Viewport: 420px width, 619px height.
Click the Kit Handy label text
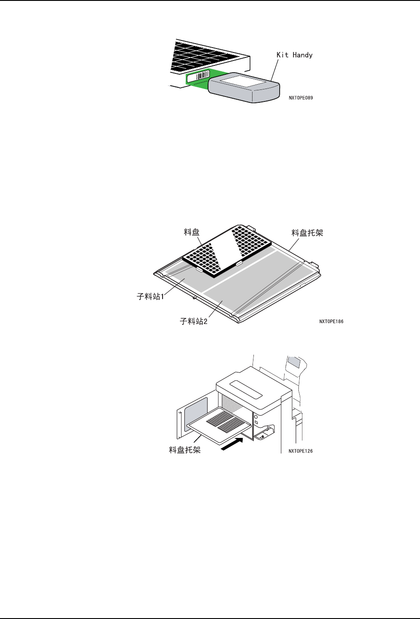click(x=294, y=55)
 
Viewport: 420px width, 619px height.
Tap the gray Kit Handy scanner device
click(x=243, y=88)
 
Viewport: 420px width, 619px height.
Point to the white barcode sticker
click(x=198, y=77)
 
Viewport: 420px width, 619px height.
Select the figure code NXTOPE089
click(x=301, y=97)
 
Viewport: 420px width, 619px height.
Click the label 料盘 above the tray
click(x=192, y=232)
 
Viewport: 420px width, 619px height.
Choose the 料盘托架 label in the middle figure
click(x=307, y=233)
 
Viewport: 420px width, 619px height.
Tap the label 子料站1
click(x=151, y=296)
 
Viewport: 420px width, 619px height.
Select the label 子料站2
click(x=194, y=321)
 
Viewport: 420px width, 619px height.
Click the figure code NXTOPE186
click(x=331, y=321)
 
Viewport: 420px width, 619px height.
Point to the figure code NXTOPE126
click(x=301, y=451)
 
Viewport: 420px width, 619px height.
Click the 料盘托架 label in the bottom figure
click(x=185, y=450)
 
